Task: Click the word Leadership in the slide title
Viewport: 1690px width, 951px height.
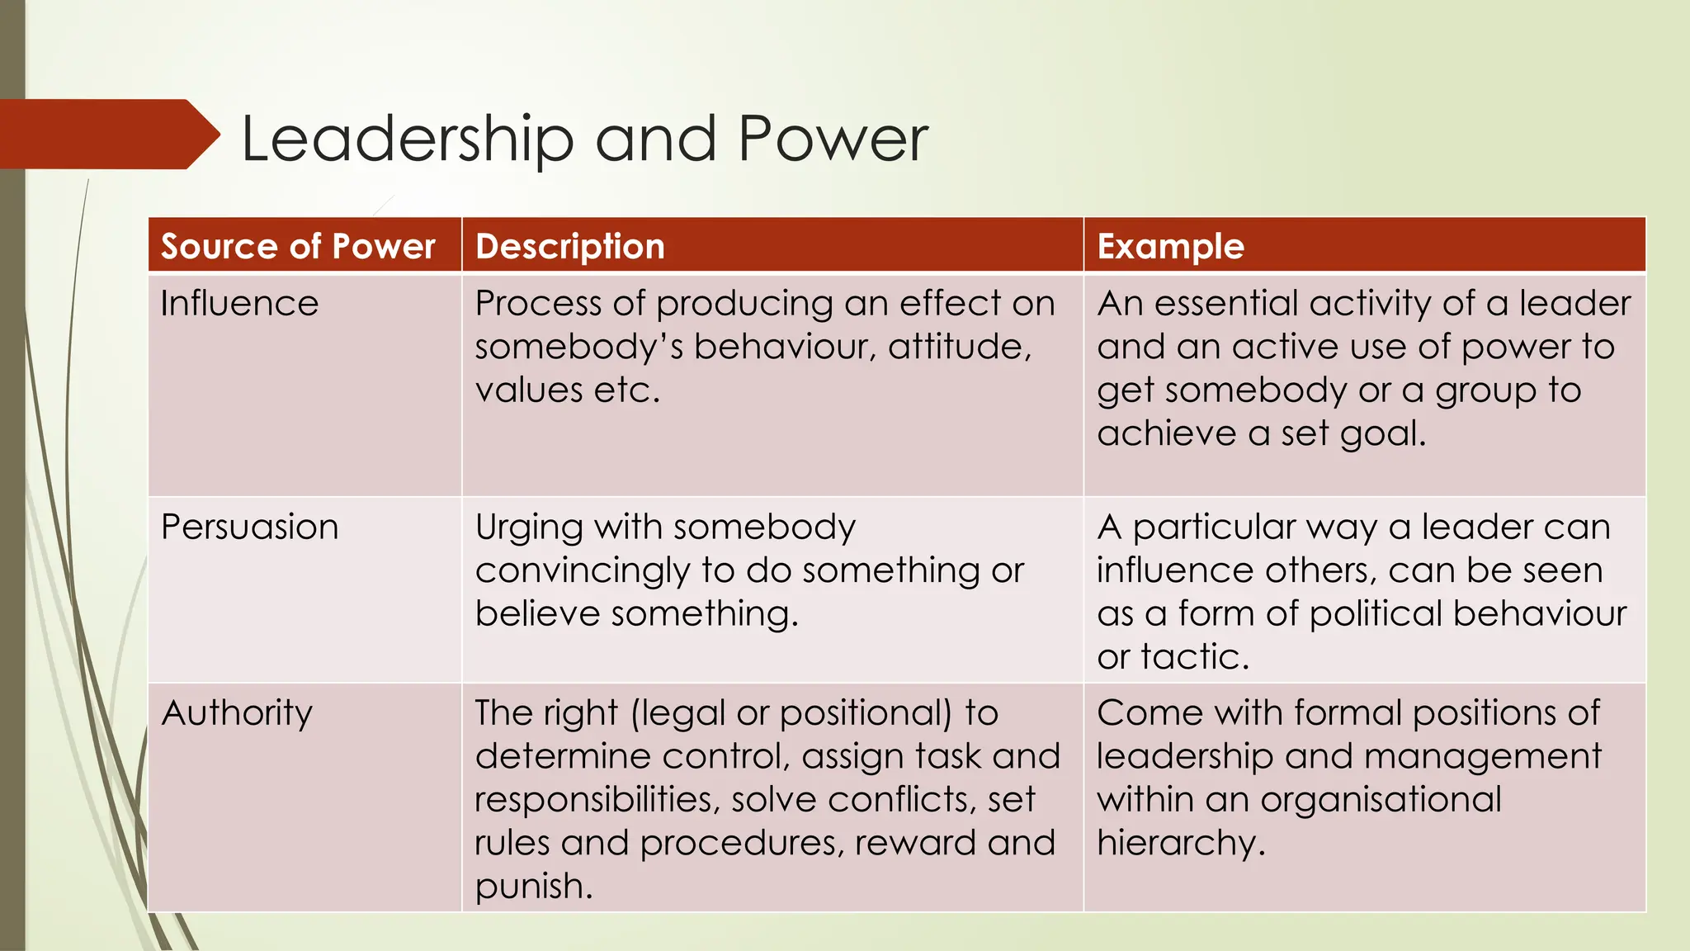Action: pyautogui.click(x=407, y=139)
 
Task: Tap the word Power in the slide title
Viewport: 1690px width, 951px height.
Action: pyautogui.click(x=833, y=139)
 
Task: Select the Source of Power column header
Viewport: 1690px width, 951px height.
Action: pyautogui.click(x=298, y=247)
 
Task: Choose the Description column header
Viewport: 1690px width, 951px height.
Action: pyautogui.click(x=570, y=247)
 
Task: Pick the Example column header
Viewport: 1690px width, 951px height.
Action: pyautogui.click(x=1170, y=247)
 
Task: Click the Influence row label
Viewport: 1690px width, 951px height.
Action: pyautogui.click(x=239, y=304)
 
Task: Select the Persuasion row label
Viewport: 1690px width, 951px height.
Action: pyautogui.click(x=249, y=528)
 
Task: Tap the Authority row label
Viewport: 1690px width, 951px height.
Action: pyautogui.click(x=237, y=713)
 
